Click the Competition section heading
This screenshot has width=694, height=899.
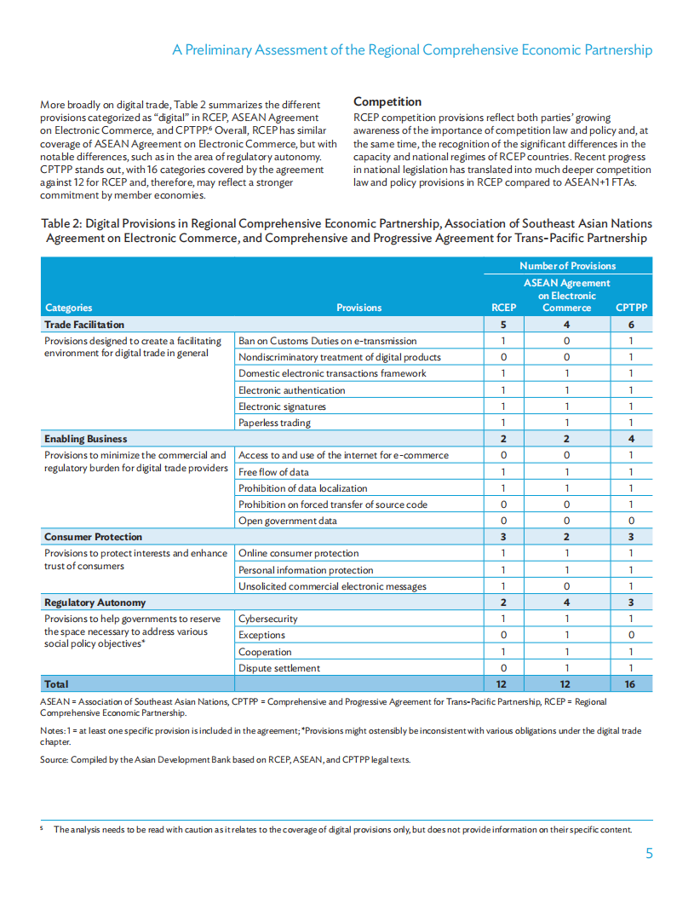tap(387, 101)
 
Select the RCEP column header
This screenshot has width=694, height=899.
tap(504, 308)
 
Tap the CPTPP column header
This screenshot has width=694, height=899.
tap(631, 308)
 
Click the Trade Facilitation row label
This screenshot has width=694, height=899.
tap(84, 325)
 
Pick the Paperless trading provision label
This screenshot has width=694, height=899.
tap(274, 423)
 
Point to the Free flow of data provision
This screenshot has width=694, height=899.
tap(273, 472)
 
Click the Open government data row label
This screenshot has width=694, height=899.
tap(287, 521)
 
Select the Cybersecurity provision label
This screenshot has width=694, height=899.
tap(267, 619)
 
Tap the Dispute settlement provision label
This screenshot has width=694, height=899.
tap(279, 668)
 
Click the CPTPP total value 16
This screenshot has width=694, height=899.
tap(631, 684)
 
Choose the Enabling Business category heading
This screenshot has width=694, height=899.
tap(85, 439)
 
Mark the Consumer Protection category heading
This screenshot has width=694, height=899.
tap(93, 537)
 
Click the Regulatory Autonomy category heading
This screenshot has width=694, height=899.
tap(95, 602)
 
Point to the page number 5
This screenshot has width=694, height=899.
tap(649, 854)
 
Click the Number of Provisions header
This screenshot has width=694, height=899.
tap(567, 266)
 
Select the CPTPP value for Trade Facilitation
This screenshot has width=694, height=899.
tap(631, 325)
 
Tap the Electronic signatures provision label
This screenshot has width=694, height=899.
tap(282, 406)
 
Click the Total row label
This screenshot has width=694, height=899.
tap(56, 684)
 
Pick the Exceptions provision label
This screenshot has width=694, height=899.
tap(261, 635)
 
